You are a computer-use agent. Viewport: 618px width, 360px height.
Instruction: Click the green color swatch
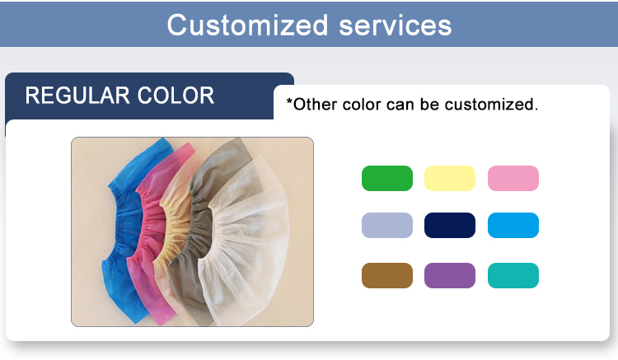click(386, 178)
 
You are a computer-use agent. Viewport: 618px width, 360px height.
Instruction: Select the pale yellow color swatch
click(450, 178)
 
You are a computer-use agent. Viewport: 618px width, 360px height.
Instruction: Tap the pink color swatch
click(513, 178)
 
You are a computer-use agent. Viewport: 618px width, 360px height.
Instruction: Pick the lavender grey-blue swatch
click(386, 225)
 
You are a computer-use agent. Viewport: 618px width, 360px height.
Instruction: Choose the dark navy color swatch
click(450, 225)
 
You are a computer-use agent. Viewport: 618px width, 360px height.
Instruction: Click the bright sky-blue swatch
click(513, 225)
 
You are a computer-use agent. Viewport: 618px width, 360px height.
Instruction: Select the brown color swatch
click(386, 275)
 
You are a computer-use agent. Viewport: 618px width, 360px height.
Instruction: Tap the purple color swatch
click(450, 275)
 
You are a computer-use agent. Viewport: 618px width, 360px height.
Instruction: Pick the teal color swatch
click(513, 275)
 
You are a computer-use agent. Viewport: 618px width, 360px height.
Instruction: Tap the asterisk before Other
click(289, 103)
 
